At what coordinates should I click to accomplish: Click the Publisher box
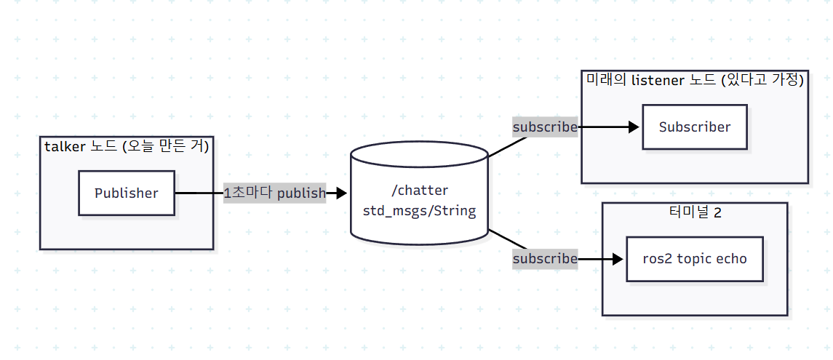pyautogui.click(x=127, y=193)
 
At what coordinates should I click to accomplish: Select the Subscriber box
pyautogui.click(x=694, y=127)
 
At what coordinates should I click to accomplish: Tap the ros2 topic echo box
pyautogui.click(x=694, y=259)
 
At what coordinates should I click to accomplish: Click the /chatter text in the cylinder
pyautogui.click(x=419, y=190)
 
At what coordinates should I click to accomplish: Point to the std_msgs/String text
pyautogui.click(x=419, y=211)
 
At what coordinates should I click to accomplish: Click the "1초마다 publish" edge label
pyautogui.click(x=275, y=193)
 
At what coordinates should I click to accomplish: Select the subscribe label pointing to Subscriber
pyautogui.click(x=544, y=127)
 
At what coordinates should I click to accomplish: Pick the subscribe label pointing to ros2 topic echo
pyautogui.click(x=544, y=259)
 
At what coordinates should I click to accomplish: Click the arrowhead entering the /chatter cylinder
pyautogui.click(x=341, y=193)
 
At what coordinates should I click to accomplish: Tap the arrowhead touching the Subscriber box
pyautogui.click(x=634, y=127)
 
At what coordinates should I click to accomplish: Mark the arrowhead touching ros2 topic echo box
pyautogui.click(x=618, y=259)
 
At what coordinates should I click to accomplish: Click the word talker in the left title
pyautogui.click(x=65, y=147)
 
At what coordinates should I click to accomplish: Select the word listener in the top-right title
pyautogui.click(x=657, y=80)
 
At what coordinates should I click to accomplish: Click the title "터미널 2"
pyautogui.click(x=695, y=212)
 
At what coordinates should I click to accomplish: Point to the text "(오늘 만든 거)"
pyautogui.click(x=166, y=147)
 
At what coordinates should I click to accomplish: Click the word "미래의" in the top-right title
pyautogui.click(x=607, y=80)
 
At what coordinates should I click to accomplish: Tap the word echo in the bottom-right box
pyautogui.click(x=732, y=259)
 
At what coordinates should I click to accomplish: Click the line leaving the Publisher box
pyautogui.click(x=199, y=193)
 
